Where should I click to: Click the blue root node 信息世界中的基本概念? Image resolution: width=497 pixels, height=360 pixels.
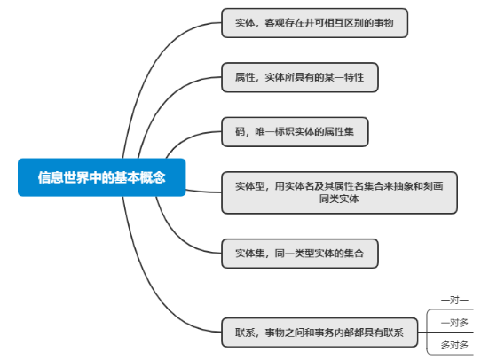(102, 177)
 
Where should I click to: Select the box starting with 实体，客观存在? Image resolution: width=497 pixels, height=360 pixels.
(315, 23)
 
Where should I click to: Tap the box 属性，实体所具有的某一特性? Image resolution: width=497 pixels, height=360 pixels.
(300, 77)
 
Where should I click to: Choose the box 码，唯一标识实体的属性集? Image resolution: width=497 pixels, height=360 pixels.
(295, 132)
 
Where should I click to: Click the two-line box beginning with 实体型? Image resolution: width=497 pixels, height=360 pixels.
(339, 192)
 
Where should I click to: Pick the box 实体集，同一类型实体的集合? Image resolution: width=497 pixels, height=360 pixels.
(300, 254)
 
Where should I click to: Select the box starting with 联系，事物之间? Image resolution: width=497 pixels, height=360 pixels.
(319, 333)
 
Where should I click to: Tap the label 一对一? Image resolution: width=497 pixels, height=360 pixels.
(454, 300)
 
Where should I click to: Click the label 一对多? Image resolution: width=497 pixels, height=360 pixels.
(454, 323)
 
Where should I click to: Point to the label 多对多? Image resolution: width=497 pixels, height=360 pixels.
(454, 345)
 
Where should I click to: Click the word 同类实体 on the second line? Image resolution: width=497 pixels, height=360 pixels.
(339, 199)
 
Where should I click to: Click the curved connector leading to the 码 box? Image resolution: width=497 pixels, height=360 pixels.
(187, 137)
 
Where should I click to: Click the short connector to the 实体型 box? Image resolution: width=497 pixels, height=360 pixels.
(203, 192)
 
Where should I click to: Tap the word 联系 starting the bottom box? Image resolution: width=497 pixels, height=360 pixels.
(245, 333)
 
